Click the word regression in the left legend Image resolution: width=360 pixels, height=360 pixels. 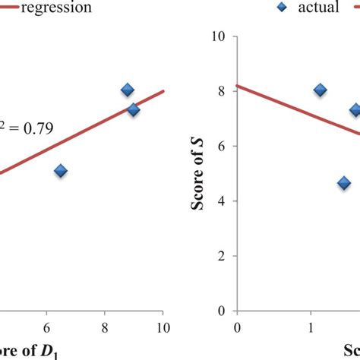57,8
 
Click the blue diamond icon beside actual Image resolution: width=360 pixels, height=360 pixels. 283,8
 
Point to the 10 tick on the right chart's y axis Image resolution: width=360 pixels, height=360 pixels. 220,36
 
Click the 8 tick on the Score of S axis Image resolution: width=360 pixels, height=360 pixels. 223,91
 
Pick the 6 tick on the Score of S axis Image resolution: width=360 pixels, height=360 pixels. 223,146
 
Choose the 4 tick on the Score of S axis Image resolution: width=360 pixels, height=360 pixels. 223,201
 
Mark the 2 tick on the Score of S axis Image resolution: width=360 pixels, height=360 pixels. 223,256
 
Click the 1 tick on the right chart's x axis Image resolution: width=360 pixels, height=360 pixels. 311,327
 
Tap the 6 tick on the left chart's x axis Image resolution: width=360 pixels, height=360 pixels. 47,327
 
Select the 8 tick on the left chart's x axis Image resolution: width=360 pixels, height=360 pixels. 105,327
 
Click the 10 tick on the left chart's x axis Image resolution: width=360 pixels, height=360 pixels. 160,327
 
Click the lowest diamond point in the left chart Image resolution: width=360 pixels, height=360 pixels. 61,171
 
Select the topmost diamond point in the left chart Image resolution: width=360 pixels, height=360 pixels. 128,90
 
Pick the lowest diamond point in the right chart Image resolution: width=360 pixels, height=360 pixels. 344,183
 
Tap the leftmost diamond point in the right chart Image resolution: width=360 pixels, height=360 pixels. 321,90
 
